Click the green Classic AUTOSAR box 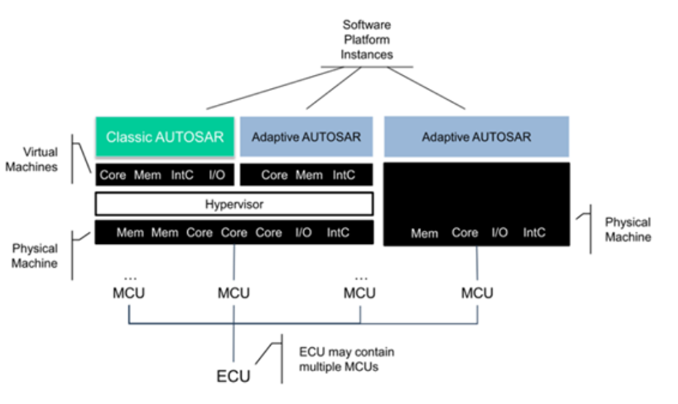click(165, 137)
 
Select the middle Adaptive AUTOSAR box click(306, 137)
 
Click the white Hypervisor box click(234, 205)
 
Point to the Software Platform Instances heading click(368, 39)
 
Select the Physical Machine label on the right click(628, 229)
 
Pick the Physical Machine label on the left click(36, 256)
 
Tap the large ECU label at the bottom click(234, 376)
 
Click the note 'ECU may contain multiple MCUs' click(347, 359)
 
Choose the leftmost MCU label click(129, 293)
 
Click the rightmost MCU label click(477, 293)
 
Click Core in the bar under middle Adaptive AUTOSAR click(274, 175)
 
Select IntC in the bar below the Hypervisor click(338, 233)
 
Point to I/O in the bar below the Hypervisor click(303, 233)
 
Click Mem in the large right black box click(424, 233)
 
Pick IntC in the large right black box click(534, 233)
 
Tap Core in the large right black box click(465, 233)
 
